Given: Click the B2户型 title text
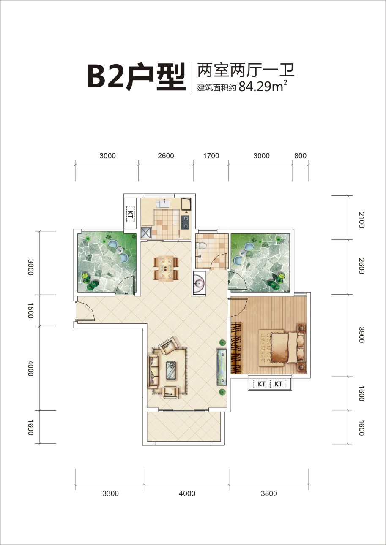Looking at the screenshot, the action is (137, 77).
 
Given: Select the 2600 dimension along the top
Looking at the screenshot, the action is (166, 156).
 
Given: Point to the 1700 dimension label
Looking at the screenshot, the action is (211, 156).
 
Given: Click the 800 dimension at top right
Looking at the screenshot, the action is (300, 156).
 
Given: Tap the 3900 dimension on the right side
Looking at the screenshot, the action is (361, 335).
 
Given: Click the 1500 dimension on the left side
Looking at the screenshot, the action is (30, 311).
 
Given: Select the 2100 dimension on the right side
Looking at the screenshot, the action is (361, 220).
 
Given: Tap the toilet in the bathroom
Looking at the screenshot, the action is (201, 246).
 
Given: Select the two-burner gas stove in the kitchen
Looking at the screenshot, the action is (185, 222).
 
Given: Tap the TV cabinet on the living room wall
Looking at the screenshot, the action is (222, 367).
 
